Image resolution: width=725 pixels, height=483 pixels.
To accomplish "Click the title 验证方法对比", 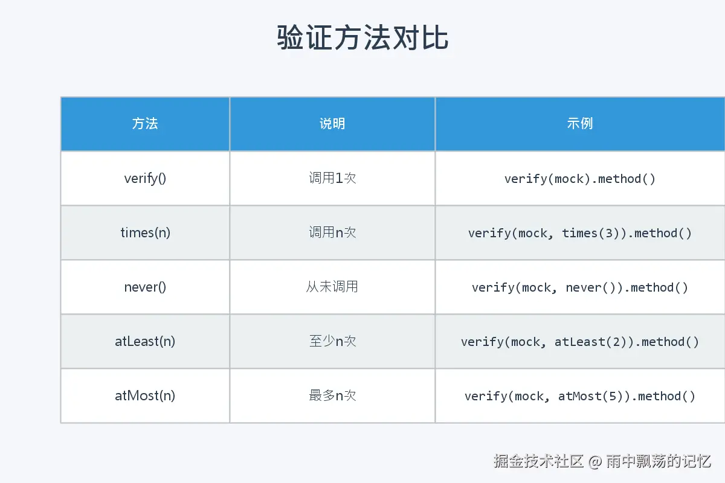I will coord(362,38).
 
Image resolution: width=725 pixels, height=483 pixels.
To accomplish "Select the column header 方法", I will coord(145,124).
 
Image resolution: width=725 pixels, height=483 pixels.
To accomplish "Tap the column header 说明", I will coord(332,124).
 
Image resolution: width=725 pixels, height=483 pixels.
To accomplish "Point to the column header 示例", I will coord(580,124).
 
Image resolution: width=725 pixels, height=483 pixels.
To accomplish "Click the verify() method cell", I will coord(145,179).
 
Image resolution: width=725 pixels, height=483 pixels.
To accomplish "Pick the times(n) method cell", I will coord(145,233).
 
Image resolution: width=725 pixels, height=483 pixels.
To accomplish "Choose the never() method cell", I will coord(145,287).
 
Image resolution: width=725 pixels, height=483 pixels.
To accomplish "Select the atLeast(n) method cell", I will coord(145,342).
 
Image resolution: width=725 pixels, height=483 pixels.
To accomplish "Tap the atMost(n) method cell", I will coord(145,396).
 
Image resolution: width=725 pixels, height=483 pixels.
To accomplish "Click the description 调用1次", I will coord(332,179).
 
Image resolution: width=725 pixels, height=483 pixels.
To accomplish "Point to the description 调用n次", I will coord(332,233).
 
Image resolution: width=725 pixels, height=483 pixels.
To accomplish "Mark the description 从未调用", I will coord(332,287).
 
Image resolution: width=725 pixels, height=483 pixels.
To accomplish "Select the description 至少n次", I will coord(332,342).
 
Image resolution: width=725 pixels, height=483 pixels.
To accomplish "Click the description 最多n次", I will coord(332,396).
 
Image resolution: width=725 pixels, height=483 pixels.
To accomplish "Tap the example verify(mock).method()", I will coord(580,179).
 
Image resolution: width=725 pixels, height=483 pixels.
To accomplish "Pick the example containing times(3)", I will coord(580,233).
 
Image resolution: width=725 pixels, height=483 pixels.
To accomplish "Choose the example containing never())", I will coord(580,287).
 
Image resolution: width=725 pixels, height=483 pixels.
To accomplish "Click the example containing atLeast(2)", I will coord(580,342).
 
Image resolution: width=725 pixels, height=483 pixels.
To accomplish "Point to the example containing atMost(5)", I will coord(580,396).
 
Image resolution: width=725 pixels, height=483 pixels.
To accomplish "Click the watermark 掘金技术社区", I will coord(539,462).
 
